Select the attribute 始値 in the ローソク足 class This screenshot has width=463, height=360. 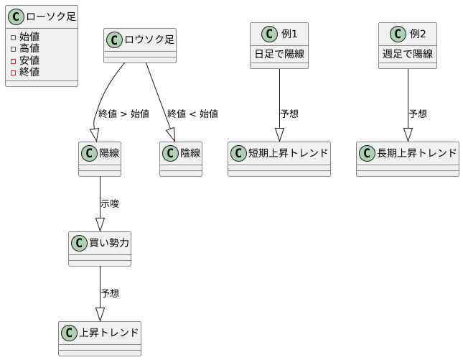pos(29,37)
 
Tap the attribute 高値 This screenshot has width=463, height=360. pos(29,48)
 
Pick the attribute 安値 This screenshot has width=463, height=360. pos(29,60)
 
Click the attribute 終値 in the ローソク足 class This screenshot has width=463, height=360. pos(29,71)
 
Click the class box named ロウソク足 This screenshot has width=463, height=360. pos(140,45)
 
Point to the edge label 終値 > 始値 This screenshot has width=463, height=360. pos(123,114)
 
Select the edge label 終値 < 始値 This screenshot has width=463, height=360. pos(192,114)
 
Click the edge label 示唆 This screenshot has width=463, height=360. pos(110,204)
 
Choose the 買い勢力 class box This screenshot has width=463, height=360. pos(100,249)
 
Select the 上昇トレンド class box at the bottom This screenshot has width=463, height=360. pos(100,338)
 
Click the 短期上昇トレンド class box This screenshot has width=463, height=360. pos(279,159)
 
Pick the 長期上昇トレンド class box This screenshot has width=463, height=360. pos(408,159)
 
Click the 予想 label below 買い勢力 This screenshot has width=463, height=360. pos(110,294)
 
